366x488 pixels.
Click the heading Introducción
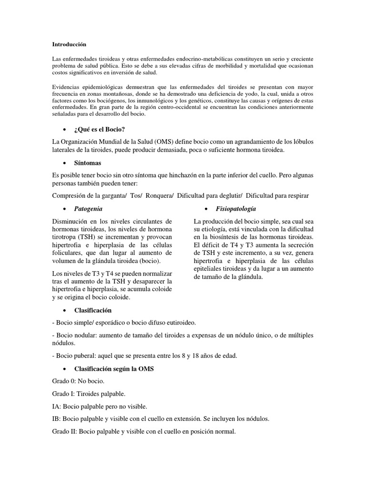click(69, 44)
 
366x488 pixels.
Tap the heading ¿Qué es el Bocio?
click(100, 130)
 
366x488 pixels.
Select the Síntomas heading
click(88, 163)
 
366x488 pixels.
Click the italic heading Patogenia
click(88, 209)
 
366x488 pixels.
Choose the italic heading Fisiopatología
click(236, 209)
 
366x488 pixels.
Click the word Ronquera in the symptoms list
click(160, 195)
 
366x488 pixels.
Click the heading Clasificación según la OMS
click(114, 369)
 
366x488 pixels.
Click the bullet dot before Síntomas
click(63, 163)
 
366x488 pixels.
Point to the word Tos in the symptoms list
click(135, 195)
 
